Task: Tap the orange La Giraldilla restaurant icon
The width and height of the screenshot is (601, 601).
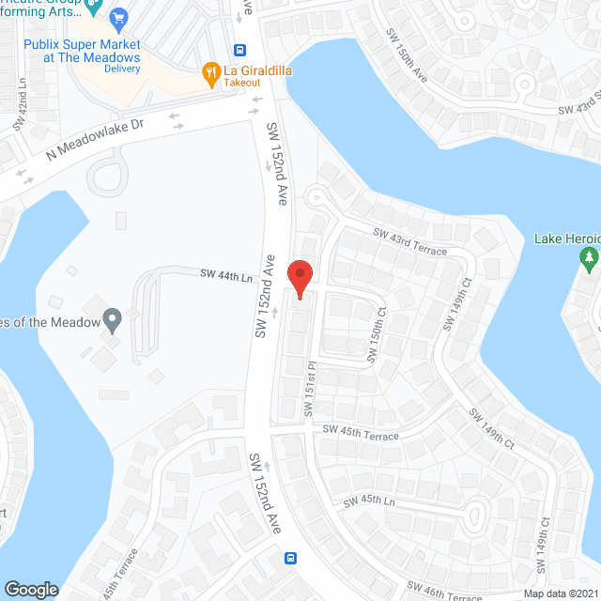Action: click(x=211, y=69)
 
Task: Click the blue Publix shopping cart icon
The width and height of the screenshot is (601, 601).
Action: click(x=118, y=18)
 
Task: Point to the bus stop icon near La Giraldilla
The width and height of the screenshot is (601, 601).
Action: click(x=241, y=51)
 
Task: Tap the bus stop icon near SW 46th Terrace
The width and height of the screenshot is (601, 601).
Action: click(x=291, y=559)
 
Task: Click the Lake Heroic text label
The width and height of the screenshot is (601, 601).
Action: click(x=566, y=239)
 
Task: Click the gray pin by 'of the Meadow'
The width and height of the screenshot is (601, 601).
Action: click(x=113, y=320)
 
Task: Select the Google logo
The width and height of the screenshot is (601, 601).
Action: click(x=31, y=590)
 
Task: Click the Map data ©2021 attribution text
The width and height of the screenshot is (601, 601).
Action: click(x=561, y=593)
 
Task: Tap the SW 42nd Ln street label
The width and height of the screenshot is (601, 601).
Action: click(x=19, y=111)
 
